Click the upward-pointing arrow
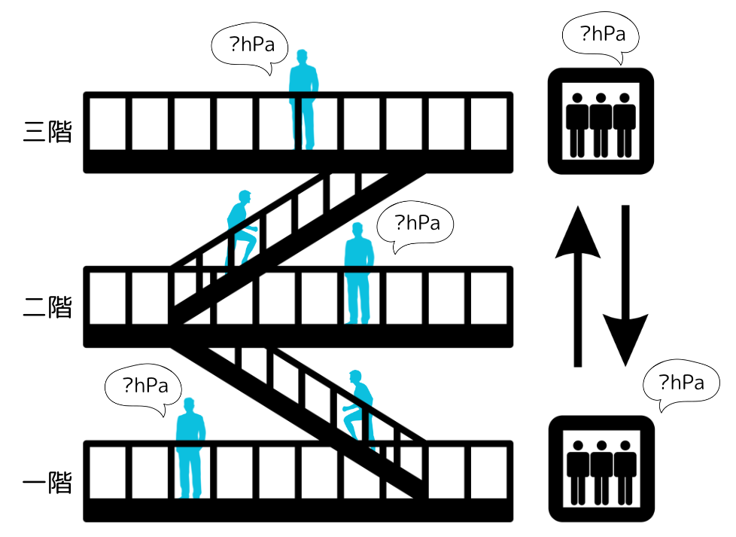coord(577,286)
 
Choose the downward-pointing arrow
coord(625,286)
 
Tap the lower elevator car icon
coord(601,469)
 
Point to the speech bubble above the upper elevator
coord(601,35)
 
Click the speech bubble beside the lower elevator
coord(681,384)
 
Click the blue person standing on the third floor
coord(303,102)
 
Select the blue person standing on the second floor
coord(359,275)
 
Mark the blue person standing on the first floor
coord(190,450)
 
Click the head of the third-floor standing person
coord(303,56)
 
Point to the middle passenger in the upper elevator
coord(601,124)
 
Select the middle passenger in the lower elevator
coord(601,472)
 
